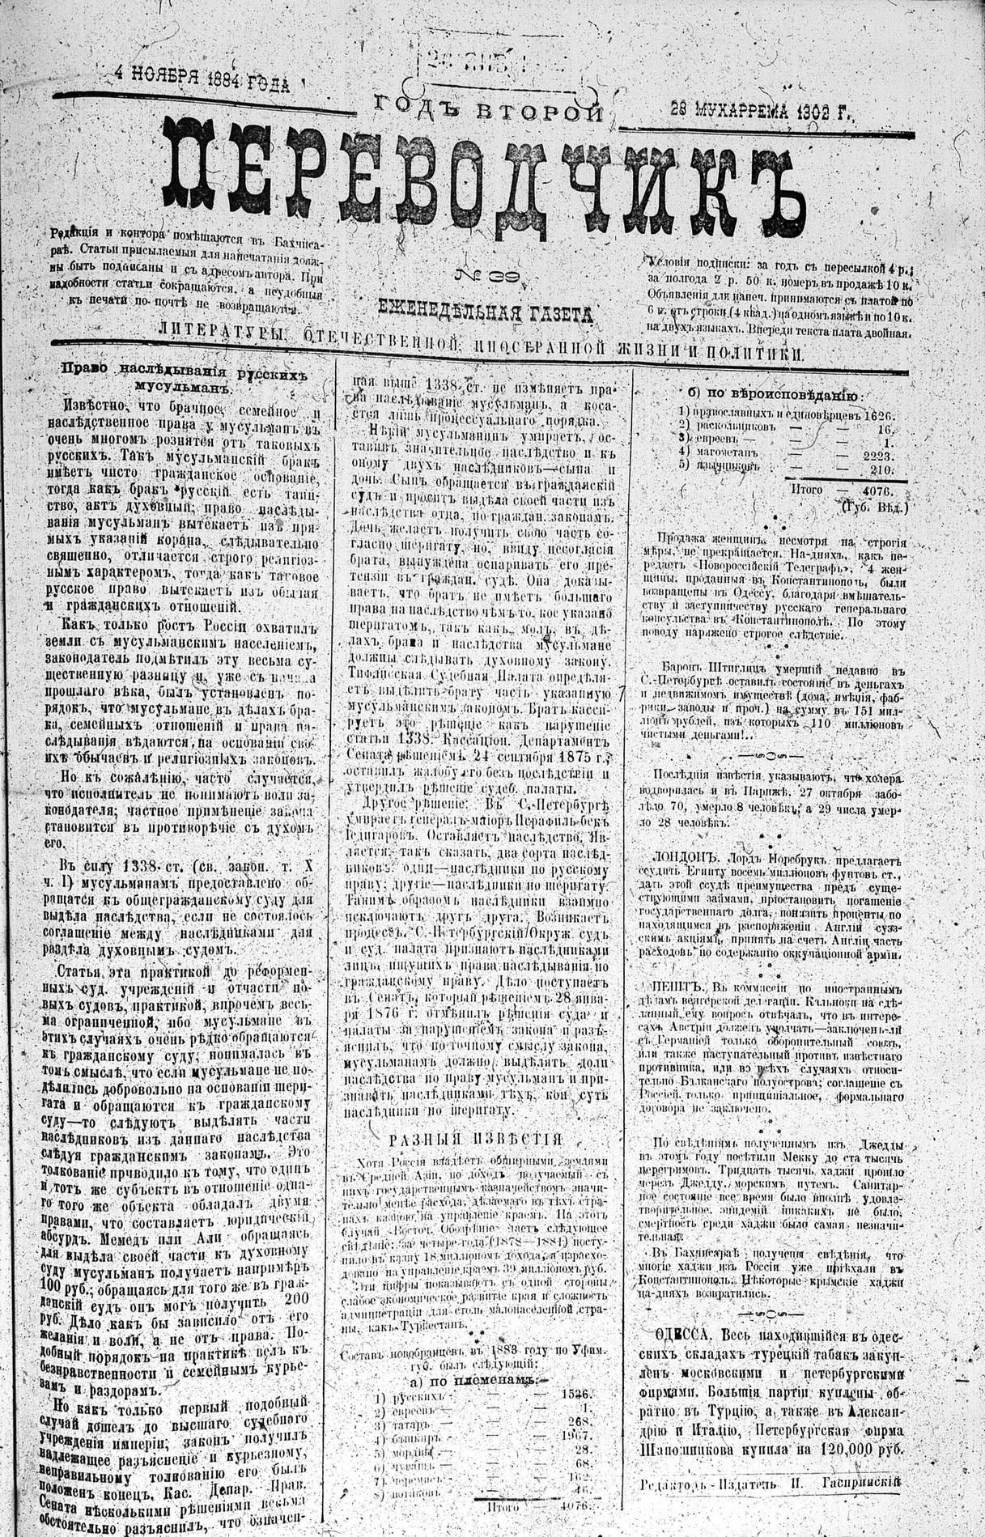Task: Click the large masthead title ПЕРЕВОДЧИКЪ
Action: (478, 172)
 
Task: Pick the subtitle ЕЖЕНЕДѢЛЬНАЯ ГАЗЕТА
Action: (484, 309)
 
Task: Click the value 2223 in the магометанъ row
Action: (876, 455)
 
